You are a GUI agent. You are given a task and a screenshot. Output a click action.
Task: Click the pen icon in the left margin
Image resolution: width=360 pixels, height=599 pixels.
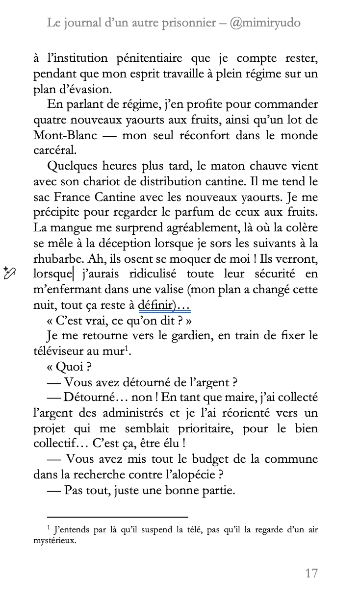(x=10, y=273)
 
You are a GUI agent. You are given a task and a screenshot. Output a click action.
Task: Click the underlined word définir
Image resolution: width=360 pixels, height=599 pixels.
(x=156, y=305)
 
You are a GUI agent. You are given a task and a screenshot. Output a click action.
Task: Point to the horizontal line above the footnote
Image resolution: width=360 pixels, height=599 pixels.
(x=118, y=517)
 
